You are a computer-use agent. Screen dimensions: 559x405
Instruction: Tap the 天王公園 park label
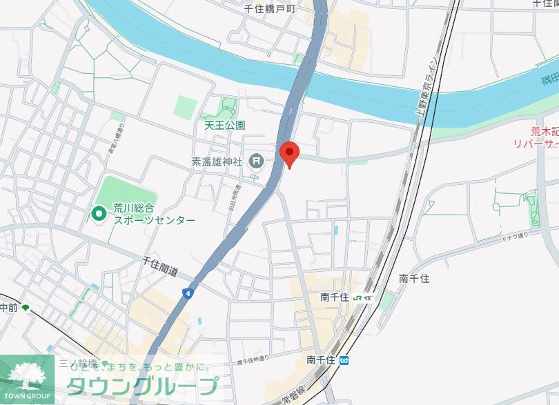[x=225, y=126]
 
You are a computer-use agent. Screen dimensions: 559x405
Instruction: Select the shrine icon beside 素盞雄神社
[x=257, y=162]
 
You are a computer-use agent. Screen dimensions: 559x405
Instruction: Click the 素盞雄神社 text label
[x=217, y=162]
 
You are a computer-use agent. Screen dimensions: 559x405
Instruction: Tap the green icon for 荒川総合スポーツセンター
[x=99, y=214]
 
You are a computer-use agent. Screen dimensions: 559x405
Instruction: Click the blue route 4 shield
[x=187, y=293]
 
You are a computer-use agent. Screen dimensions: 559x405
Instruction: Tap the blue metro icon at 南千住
[x=344, y=359]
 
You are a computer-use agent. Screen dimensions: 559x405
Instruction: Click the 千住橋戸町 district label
[x=270, y=9]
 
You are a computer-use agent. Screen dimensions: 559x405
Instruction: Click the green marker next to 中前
[x=26, y=308]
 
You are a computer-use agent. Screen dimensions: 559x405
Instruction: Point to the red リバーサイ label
[x=536, y=144]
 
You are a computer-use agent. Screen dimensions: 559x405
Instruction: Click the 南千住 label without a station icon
[x=414, y=279]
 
